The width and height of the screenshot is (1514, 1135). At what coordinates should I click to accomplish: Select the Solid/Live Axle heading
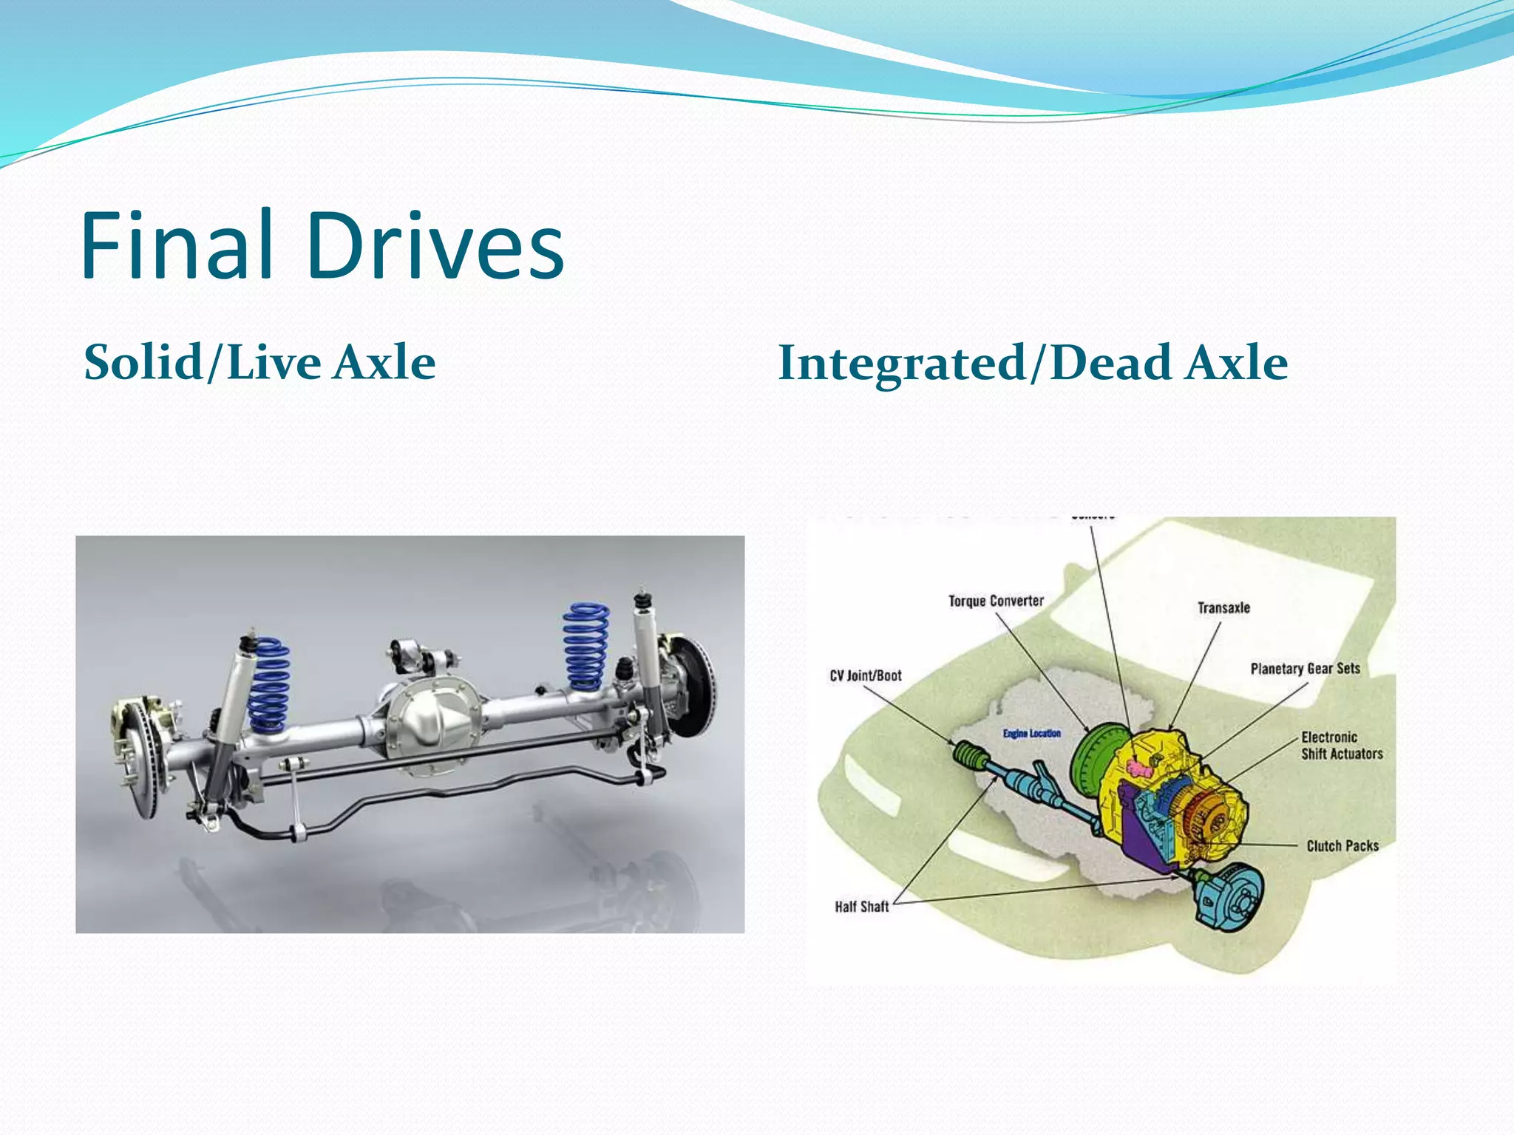pyautogui.click(x=259, y=363)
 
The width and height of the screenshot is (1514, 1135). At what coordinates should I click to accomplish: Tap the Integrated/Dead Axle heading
pyautogui.click(x=1032, y=363)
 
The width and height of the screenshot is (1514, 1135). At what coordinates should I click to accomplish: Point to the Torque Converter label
pyautogui.click(x=996, y=601)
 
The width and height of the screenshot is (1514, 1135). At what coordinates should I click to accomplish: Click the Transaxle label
pyautogui.click(x=1223, y=607)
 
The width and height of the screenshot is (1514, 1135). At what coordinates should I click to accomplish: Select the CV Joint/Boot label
pyautogui.click(x=865, y=675)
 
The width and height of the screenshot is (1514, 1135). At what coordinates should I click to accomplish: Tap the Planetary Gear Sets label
pyautogui.click(x=1305, y=668)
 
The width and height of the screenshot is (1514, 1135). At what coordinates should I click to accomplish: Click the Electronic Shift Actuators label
pyautogui.click(x=1341, y=746)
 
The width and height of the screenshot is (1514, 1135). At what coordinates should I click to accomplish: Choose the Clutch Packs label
pyautogui.click(x=1342, y=845)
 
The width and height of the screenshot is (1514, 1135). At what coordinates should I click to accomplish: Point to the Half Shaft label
pyautogui.click(x=861, y=906)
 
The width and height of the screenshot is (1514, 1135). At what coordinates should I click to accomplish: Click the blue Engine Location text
pyautogui.click(x=1031, y=733)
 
